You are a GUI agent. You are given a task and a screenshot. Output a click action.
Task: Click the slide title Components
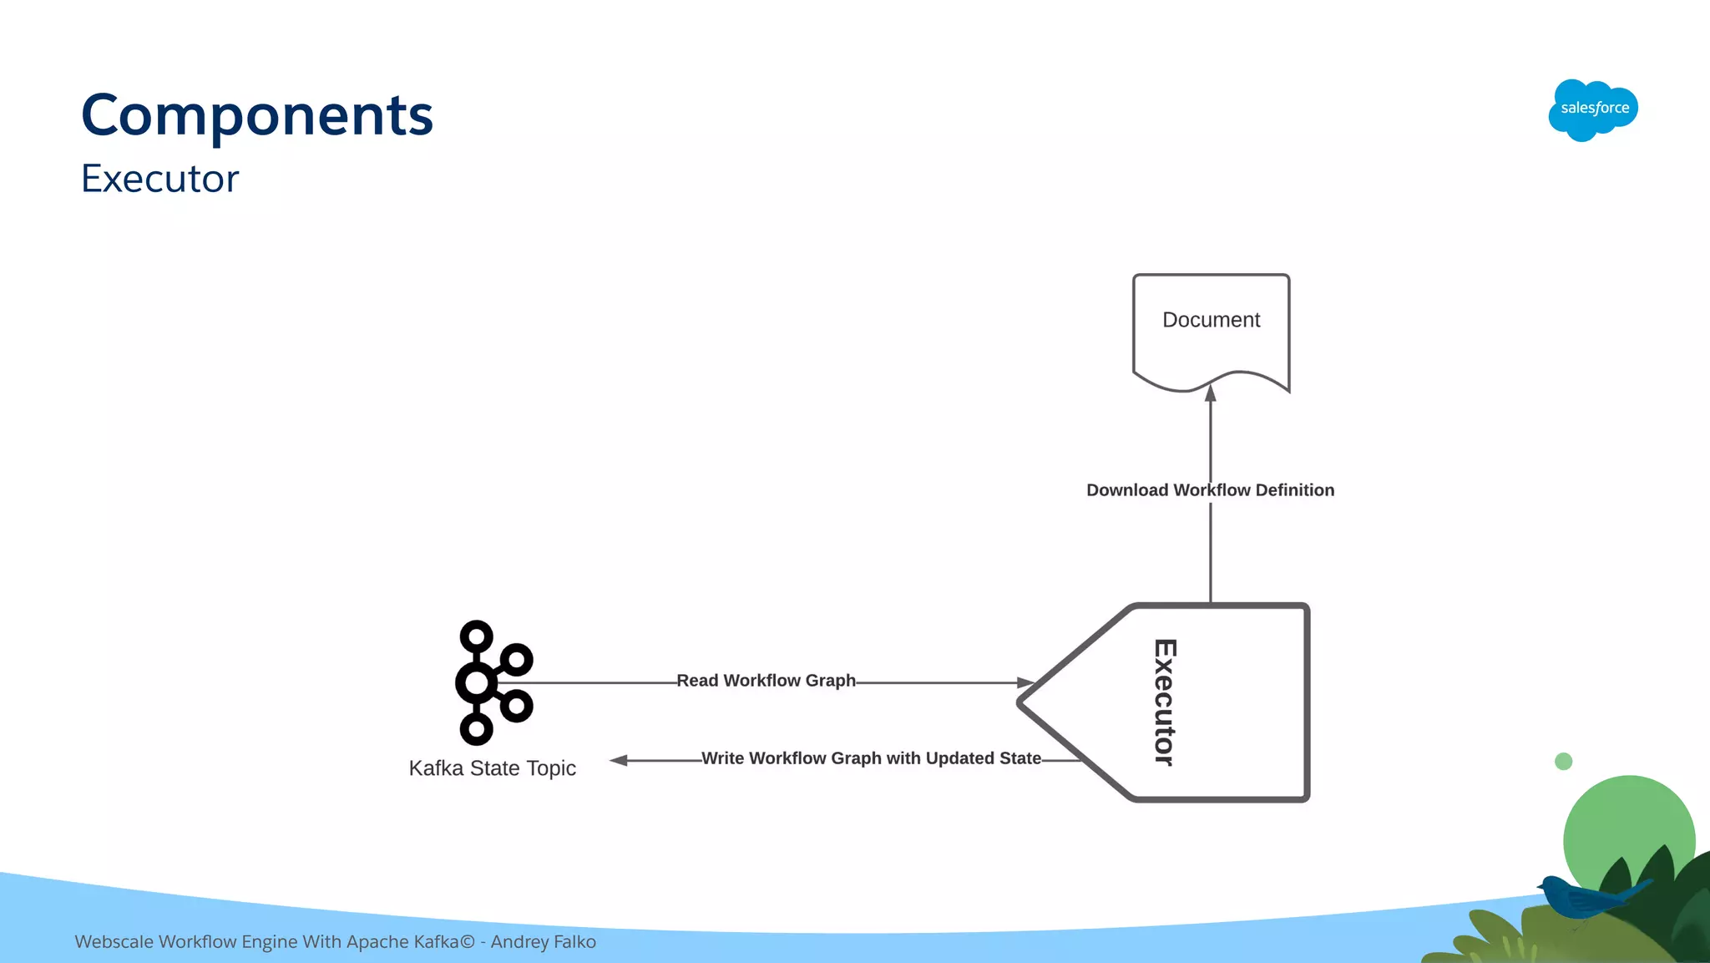257,115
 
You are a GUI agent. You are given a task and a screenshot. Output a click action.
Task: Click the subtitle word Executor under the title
160,179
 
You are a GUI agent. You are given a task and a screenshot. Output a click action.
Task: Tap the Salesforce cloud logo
1593,109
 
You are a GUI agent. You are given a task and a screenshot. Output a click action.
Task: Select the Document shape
1211,330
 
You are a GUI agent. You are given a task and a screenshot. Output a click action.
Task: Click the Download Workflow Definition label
1210,490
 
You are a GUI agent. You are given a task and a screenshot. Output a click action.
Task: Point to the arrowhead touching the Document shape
1211,393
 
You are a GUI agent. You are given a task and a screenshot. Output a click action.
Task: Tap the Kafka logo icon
493,682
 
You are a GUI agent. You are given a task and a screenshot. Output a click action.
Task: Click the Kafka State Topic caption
492,768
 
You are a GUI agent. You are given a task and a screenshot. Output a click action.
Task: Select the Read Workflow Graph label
766,681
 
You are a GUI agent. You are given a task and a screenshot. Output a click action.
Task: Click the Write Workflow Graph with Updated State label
871,758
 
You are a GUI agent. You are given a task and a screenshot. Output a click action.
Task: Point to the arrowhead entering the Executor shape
1026,682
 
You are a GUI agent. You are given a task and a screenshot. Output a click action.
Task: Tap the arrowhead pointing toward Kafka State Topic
619,760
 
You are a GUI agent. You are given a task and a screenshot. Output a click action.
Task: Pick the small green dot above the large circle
1564,761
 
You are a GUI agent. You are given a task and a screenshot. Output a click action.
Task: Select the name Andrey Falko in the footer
544,942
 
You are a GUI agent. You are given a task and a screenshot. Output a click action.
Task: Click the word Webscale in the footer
114,942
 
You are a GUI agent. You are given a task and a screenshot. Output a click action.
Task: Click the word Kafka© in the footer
450,942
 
